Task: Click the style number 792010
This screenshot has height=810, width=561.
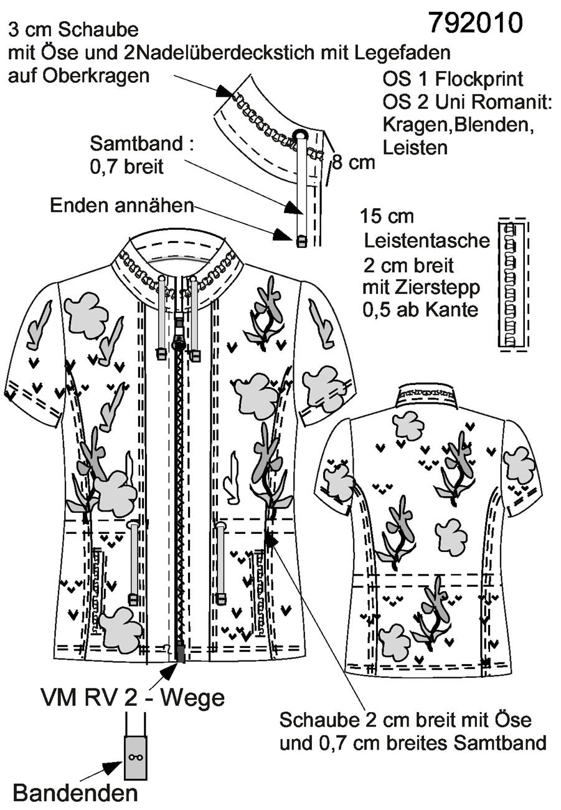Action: pyautogui.click(x=476, y=22)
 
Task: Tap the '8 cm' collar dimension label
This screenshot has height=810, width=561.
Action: pyautogui.click(x=354, y=163)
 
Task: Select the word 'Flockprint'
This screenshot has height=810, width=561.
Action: pyautogui.click(x=479, y=80)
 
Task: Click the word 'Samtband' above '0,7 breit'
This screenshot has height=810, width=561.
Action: pyautogui.click(x=136, y=143)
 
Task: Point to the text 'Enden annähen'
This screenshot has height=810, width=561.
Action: pyautogui.click(x=122, y=206)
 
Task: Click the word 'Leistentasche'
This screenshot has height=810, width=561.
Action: pyautogui.click(x=427, y=241)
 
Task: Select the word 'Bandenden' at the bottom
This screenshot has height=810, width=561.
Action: pyautogui.click(x=75, y=794)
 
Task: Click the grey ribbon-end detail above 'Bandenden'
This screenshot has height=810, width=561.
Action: pyautogui.click(x=136, y=757)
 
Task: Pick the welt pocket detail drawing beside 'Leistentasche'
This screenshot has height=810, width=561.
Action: pyautogui.click(x=513, y=283)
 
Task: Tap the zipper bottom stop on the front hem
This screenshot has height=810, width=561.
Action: pyautogui.click(x=181, y=654)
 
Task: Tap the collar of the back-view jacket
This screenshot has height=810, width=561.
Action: pyautogui.click(x=425, y=397)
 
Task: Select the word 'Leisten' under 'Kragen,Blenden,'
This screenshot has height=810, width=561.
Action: pyautogui.click(x=415, y=148)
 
